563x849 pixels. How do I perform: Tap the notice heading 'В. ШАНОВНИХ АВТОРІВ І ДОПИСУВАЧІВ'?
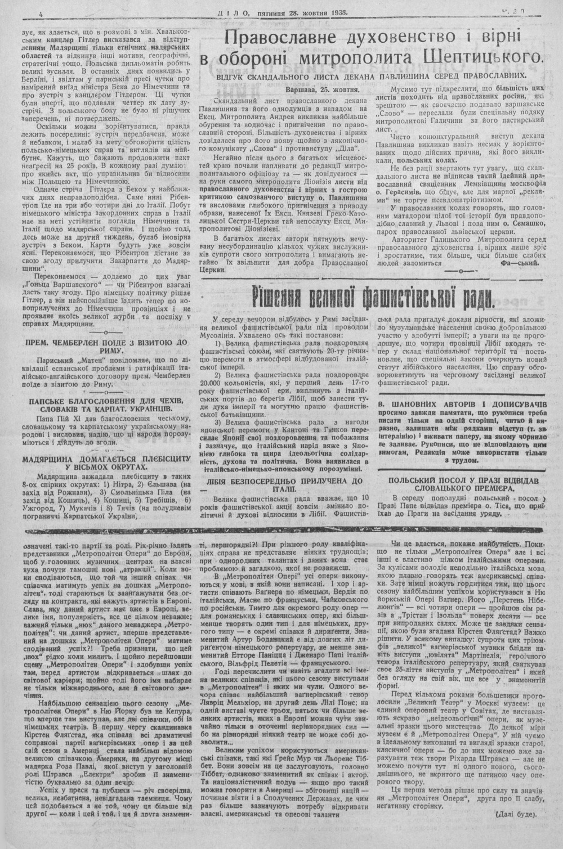462,405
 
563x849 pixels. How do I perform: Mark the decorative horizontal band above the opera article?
281,531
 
